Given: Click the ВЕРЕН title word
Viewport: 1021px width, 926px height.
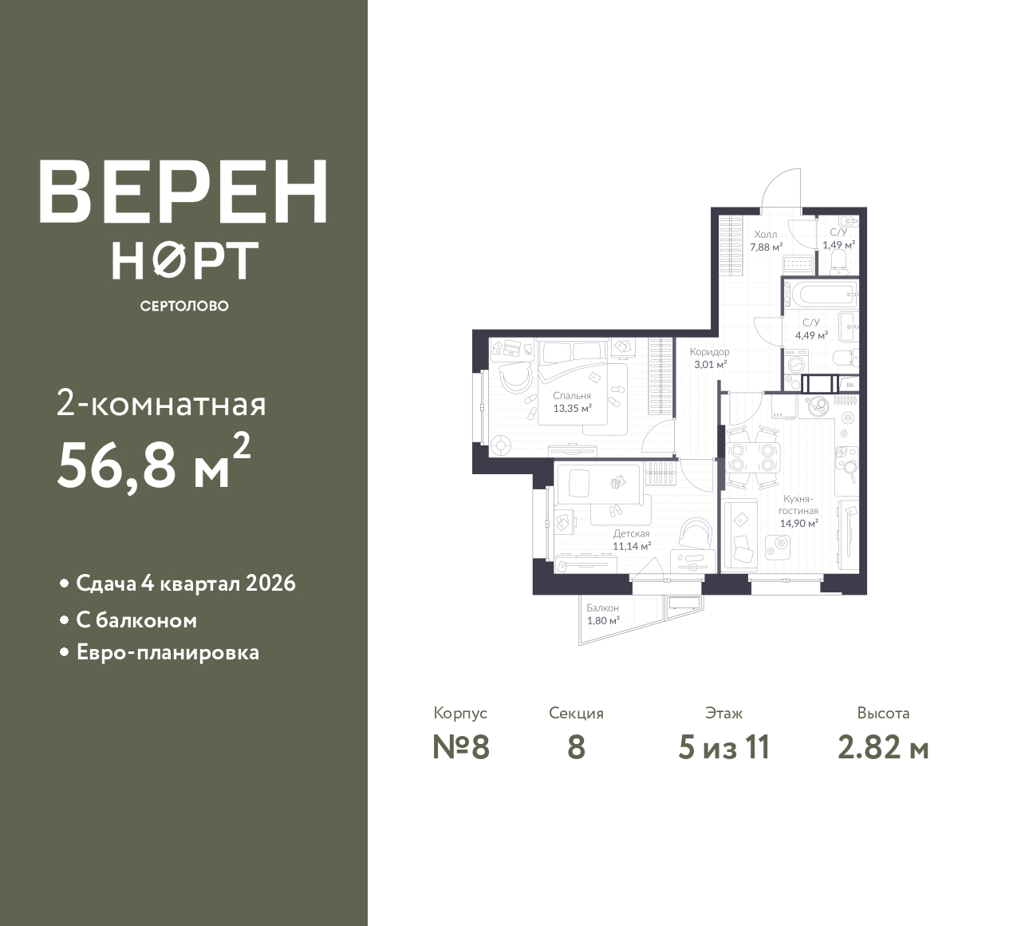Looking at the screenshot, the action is click(183, 192).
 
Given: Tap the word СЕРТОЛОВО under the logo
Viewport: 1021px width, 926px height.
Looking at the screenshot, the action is click(184, 306).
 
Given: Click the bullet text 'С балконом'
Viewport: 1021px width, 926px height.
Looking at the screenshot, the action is click(136, 621).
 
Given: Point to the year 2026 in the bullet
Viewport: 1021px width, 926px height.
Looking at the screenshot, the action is click(270, 584).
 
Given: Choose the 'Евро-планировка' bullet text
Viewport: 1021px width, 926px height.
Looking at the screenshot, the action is click(168, 653).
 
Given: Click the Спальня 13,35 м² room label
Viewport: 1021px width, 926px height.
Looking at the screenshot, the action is click(572, 402).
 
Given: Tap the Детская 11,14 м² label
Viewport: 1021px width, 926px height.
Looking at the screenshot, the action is click(632, 540).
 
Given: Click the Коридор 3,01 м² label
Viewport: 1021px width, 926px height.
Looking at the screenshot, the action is click(709, 358).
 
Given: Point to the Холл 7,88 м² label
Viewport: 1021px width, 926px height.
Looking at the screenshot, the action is click(766, 241).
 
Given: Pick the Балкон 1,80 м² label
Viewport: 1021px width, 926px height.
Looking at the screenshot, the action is click(602, 615).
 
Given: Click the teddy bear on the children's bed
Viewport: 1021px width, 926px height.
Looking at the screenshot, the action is click(618, 482).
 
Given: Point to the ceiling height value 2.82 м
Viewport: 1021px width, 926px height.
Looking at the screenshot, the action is click(884, 748).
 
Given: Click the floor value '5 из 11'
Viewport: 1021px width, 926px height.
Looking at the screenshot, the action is click(723, 748).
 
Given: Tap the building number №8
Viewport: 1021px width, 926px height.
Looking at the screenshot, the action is click(461, 748).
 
